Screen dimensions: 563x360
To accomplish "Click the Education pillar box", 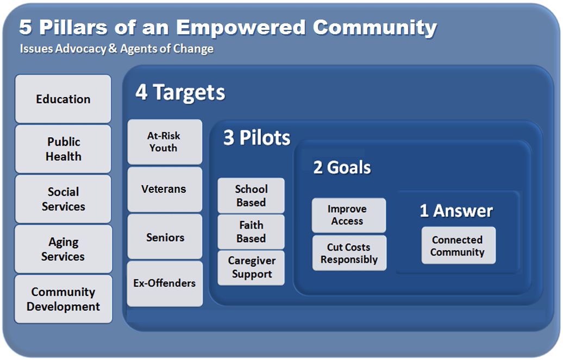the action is [63, 99].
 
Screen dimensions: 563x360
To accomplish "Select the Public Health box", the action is [63, 149].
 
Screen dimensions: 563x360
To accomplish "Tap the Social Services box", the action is [63, 199].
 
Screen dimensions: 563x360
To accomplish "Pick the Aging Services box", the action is [63, 249].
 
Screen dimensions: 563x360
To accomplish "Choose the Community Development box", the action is [63, 299].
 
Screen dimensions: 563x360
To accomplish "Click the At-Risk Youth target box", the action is [165, 142].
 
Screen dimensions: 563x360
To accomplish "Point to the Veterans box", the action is [165, 189].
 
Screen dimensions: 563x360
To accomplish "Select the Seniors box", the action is [165, 237].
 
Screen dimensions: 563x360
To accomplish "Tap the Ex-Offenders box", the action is [165, 283].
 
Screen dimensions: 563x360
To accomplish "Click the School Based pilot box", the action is [251, 195].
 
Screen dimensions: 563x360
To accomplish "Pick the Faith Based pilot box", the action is [251, 232].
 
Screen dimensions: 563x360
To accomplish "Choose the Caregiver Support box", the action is [251, 268].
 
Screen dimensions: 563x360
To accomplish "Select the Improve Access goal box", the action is [349, 216].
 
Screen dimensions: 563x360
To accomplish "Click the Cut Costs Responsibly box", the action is [349, 253].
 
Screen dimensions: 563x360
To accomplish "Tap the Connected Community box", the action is [459, 245].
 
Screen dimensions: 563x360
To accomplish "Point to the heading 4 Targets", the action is [180, 93].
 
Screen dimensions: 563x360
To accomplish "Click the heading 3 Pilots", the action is [257, 137].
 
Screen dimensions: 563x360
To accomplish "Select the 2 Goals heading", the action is [342, 168].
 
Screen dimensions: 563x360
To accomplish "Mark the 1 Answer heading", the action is [456, 211].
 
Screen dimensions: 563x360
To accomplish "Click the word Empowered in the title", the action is [240, 28].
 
